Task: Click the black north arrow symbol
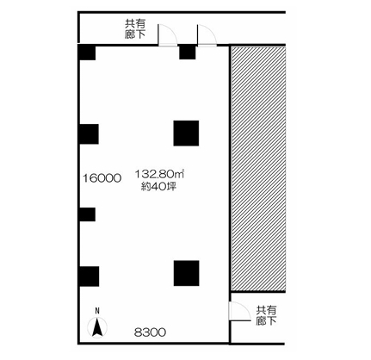coord(98,327)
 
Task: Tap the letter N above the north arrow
coord(98,310)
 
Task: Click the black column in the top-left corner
coord(86,53)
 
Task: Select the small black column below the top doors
coord(187,53)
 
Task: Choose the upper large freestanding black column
coord(187,133)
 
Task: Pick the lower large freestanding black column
coord(187,271)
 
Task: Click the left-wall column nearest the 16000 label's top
coord(88,134)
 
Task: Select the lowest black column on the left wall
coord(88,276)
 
